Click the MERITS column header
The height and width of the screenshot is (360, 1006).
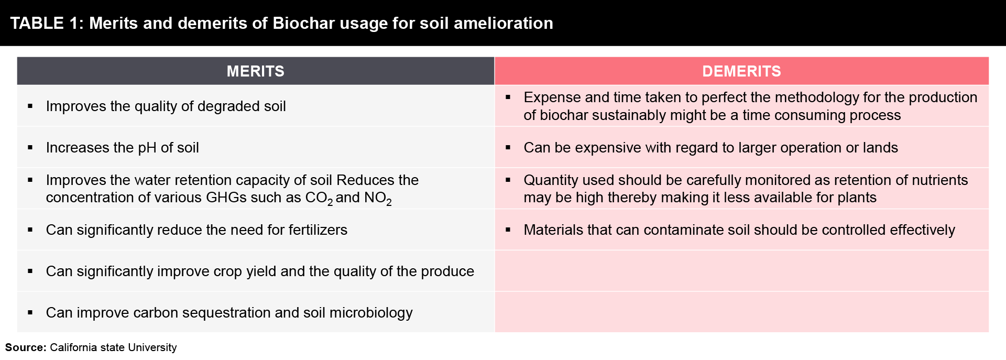[255, 71]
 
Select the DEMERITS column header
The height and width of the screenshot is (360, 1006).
[741, 71]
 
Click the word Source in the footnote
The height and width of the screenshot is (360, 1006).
[25, 347]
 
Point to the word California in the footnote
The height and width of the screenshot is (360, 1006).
[74, 347]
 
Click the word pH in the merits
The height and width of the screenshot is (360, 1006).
[147, 148]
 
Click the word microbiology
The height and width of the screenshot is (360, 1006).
[371, 313]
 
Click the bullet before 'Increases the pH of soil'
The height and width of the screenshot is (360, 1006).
[30, 148]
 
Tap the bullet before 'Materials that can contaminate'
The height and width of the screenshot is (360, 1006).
[508, 230]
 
